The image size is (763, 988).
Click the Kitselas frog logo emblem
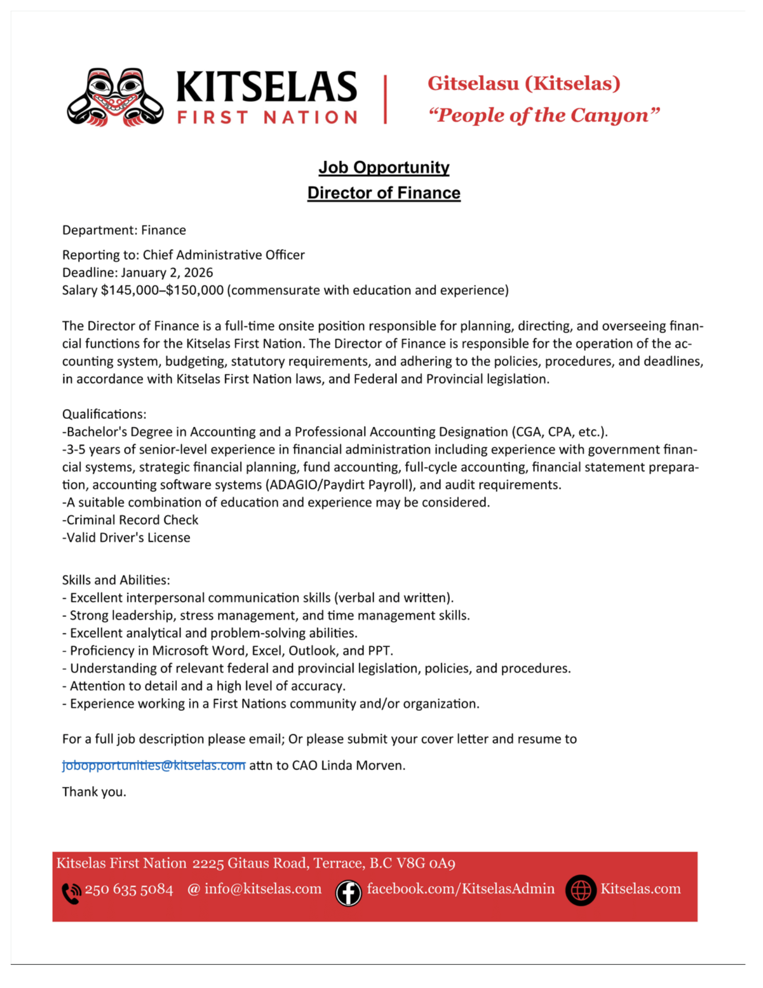point(115,97)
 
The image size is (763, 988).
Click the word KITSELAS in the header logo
point(267,87)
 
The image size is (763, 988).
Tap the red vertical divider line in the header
point(385,99)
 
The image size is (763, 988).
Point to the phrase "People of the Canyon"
point(543,116)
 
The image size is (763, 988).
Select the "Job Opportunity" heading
point(384,167)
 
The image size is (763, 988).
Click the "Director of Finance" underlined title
point(384,193)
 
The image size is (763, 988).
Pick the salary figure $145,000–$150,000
point(162,290)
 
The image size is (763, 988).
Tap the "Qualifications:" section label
point(104,414)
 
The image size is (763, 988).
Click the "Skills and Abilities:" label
point(116,580)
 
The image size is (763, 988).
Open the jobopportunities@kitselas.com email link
point(154,765)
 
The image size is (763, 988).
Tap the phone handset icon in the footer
point(71,893)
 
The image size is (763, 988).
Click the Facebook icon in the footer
point(348,893)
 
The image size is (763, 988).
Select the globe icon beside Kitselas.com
point(581,890)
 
